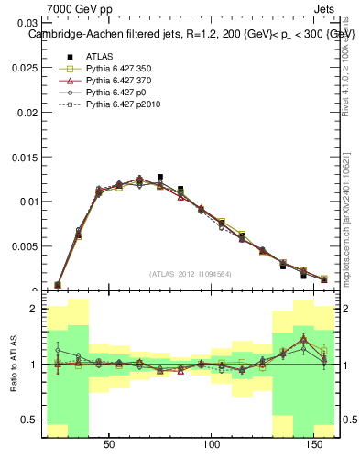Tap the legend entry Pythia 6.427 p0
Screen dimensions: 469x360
[117, 93]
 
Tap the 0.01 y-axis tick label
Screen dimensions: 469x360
[29, 202]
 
